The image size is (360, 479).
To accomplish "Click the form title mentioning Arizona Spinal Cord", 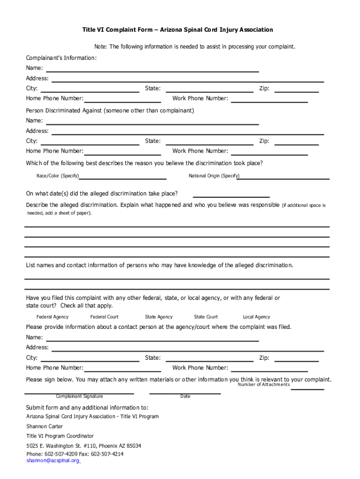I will coord(178,30).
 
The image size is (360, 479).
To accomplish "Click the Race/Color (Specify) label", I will coord(58,176).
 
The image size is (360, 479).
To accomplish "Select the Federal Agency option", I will coord(52,317).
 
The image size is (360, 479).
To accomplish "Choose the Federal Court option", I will coord(104,317).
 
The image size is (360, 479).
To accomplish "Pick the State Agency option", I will coord(158,317).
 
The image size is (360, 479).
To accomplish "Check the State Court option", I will coord(206,317).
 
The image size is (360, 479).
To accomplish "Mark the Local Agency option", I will coord(256,317).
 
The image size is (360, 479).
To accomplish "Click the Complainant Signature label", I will coord(79,396).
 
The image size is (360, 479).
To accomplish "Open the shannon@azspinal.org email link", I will coord(53,461).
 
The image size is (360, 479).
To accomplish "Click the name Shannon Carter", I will coord(44,426).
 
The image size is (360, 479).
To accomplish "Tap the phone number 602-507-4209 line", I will coord(75,454).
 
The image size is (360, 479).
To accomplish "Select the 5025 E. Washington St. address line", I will coord(84,446).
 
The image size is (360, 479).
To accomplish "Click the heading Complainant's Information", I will coord(61,58).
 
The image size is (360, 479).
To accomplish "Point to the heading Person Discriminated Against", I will coord(110,111).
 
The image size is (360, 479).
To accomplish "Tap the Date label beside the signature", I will coord(185,396).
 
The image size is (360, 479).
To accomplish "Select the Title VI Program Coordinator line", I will coord(60,436).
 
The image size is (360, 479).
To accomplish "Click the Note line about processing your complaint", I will coord(194,47).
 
